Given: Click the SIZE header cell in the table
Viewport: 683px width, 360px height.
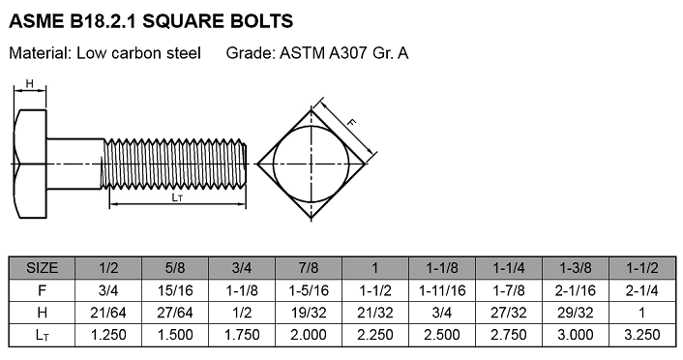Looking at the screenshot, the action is tap(42, 268).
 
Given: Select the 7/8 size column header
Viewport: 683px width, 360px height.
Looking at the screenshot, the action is tap(309, 268).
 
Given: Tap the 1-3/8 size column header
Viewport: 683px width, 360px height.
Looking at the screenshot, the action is tap(576, 268).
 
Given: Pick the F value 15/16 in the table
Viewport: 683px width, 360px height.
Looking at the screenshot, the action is tap(175, 290).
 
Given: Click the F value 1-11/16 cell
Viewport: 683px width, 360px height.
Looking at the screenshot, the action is tap(442, 290).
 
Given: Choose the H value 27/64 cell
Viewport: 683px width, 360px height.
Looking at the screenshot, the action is tap(175, 313).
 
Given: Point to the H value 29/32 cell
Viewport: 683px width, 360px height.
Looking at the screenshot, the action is tap(576, 313).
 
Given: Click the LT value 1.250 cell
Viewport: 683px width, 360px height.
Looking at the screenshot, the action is tap(108, 335).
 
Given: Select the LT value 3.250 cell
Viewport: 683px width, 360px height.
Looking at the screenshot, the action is tap(642, 335).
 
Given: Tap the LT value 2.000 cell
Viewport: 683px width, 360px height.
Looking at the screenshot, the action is tap(309, 335).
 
